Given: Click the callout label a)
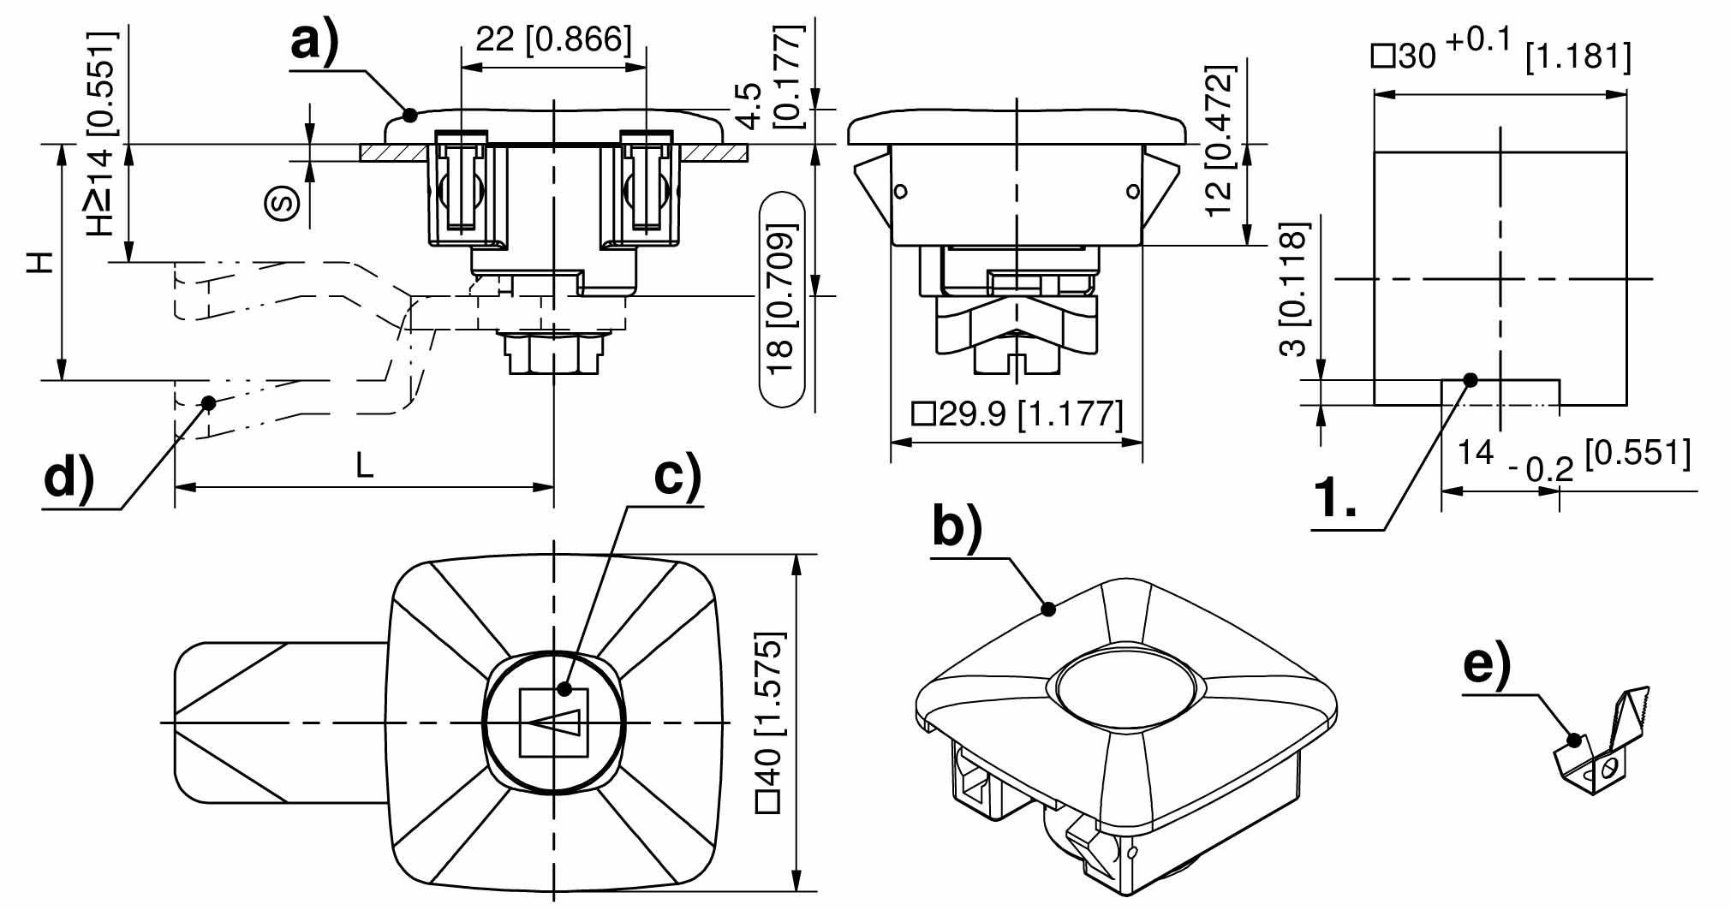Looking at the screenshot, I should pos(314,41).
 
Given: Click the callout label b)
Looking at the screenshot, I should pos(957,526).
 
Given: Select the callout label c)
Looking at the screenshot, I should pos(677,476).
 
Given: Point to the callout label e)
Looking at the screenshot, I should pos(1487,664).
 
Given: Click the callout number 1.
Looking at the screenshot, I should pos(1334,498).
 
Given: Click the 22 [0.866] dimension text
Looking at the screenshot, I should pos(553,39).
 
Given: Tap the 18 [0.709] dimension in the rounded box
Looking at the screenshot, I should pos(781,300).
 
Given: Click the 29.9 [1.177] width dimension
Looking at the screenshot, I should pos(1017,414).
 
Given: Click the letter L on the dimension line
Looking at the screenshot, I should pos(365,466).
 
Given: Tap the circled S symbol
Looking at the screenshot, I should pos(283,203).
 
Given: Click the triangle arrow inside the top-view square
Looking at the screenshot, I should pos(554,723).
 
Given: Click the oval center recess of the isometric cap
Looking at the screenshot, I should pos(1124,689).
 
